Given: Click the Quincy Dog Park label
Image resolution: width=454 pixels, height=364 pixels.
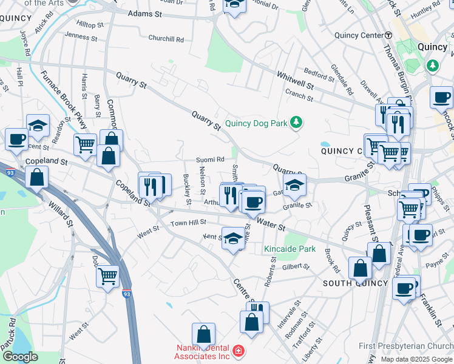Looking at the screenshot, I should click(256, 123).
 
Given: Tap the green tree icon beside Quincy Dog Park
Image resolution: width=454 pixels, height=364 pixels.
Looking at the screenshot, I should click(296, 123).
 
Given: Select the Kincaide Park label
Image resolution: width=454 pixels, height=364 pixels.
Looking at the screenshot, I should click(290, 249).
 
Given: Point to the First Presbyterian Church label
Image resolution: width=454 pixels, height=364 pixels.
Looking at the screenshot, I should click(405, 346).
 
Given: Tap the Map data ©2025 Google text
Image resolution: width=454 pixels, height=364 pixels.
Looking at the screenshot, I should click(416, 359).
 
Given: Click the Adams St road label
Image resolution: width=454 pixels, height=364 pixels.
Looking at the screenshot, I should click(145, 13).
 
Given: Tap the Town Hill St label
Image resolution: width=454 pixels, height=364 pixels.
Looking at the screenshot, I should click(188, 223).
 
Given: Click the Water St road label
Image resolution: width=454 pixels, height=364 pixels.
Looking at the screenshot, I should click(271, 225).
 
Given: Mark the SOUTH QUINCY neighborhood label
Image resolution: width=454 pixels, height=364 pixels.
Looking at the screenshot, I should click(355, 283).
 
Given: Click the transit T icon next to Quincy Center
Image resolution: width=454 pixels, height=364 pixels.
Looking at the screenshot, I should click(388, 35).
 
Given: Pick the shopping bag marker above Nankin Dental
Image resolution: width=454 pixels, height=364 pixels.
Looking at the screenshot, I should click(203, 334).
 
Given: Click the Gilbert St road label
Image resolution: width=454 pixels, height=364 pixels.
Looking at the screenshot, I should click(296, 266).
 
